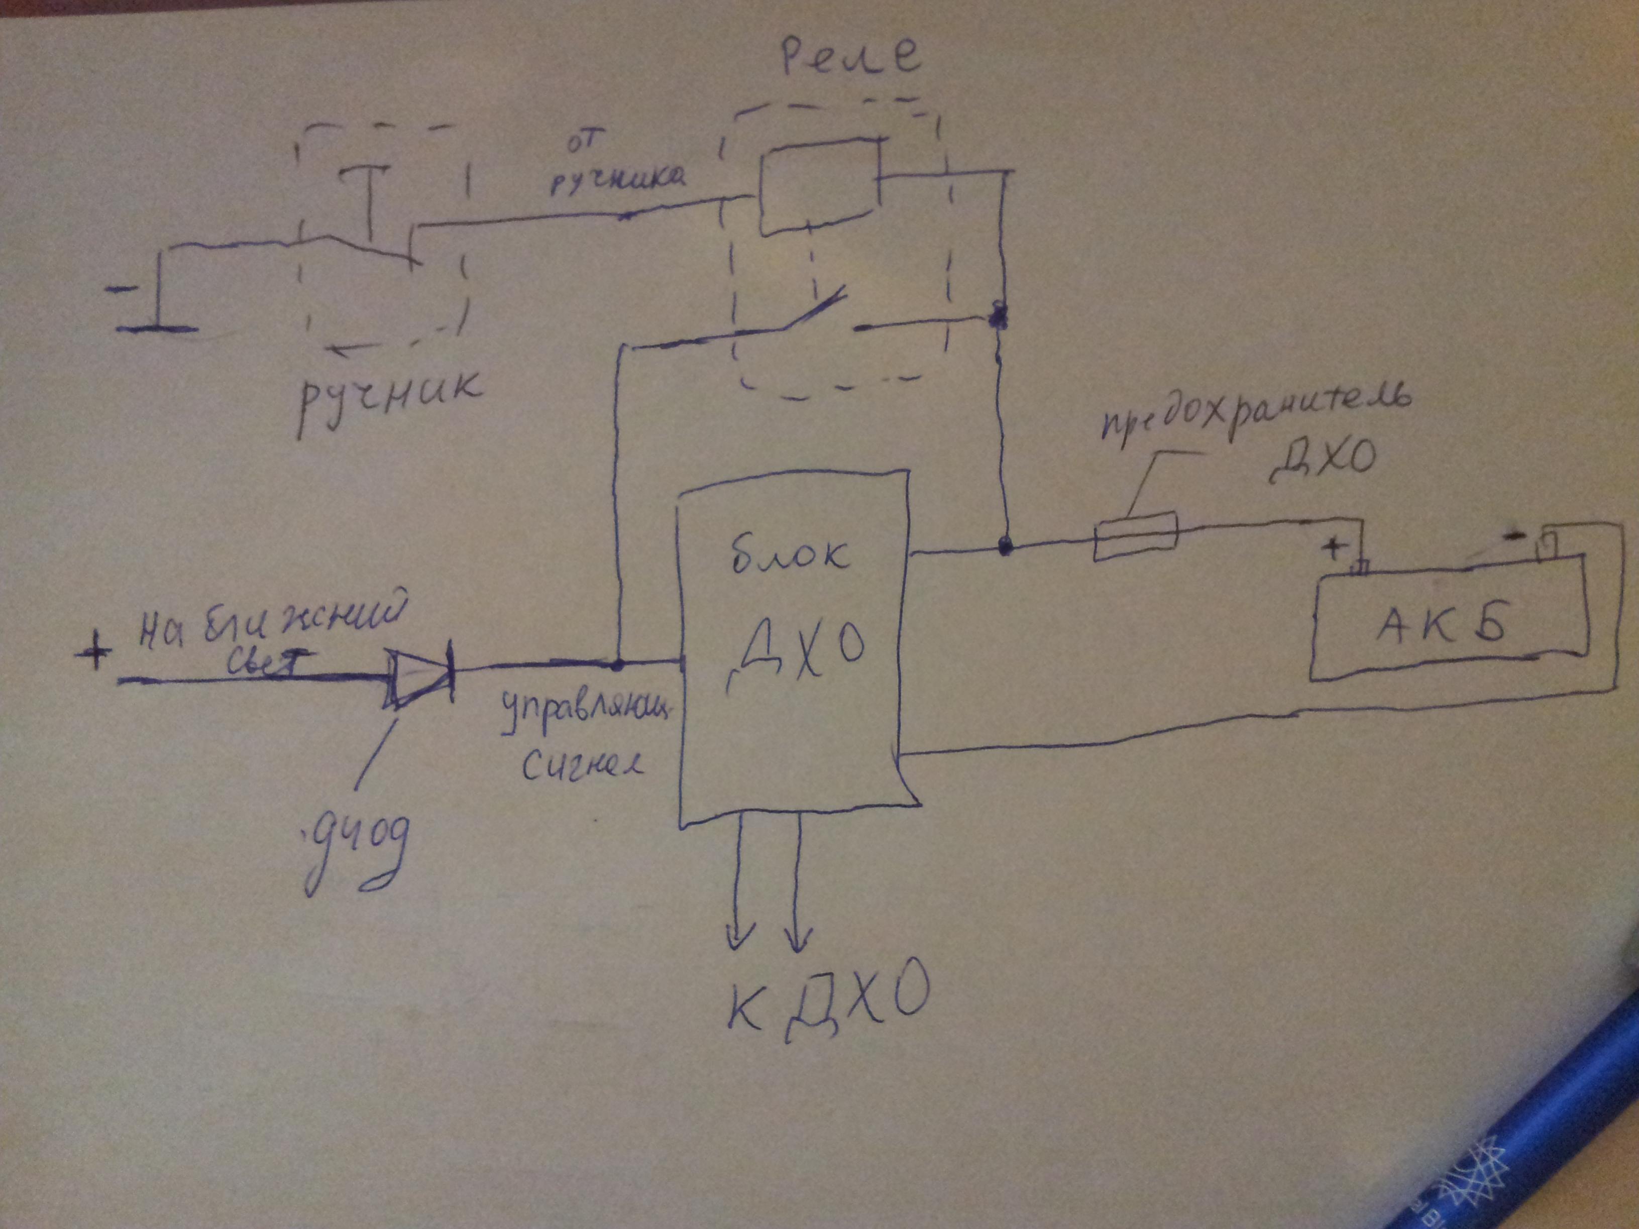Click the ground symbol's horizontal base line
(158, 328)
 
